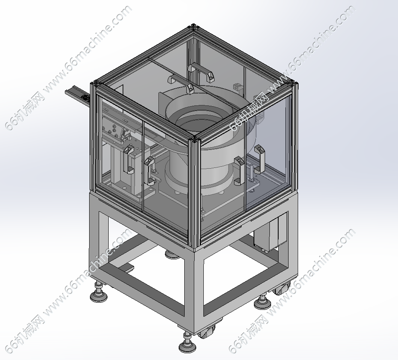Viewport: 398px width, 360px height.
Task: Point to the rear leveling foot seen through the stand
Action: (x=172, y=254)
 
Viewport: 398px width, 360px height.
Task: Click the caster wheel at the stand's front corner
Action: (x=206, y=331)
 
